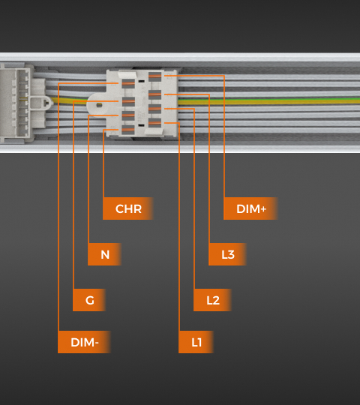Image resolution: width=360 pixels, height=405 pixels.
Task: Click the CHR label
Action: tap(128, 208)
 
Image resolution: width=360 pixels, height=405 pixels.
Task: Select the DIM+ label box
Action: tap(250, 208)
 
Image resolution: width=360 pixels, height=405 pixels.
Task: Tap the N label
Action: tap(104, 254)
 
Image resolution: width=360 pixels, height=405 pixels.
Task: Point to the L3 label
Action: tap(227, 254)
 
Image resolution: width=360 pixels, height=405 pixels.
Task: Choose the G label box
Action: tap(89, 300)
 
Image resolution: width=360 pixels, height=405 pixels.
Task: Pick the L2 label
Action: tap(212, 300)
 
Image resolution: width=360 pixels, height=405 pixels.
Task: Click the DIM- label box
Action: tap(84, 342)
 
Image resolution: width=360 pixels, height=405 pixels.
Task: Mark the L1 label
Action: tap(196, 342)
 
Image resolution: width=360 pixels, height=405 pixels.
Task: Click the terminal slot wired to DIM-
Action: tap(128, 83)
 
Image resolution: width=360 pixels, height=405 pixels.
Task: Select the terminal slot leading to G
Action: tap(128, 101)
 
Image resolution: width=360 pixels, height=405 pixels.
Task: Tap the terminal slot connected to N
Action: tap(128, 115)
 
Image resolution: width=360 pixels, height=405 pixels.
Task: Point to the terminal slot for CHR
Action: tap(128, 130)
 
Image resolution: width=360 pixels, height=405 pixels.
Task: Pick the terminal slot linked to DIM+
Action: tap(155, 76)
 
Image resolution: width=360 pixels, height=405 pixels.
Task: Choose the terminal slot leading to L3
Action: tap(155, 94)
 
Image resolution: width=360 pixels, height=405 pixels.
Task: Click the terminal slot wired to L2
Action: tap(155, 109)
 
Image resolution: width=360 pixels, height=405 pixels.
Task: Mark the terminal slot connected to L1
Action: tap(155, 123)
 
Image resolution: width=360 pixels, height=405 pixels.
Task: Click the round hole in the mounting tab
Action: tap(99, 105)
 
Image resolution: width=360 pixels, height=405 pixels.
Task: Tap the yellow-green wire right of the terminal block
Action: tap(268, 100)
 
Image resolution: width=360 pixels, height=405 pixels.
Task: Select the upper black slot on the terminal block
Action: tap(141, 81)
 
